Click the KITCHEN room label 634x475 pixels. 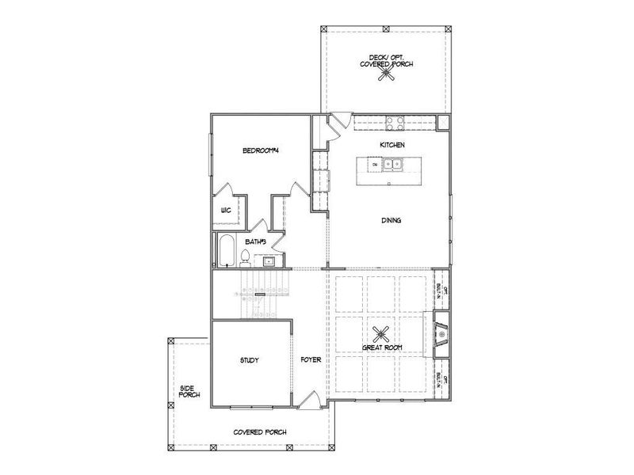(x=392, y=146)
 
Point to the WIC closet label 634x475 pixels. (x=226, y=211)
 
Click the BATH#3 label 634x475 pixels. (x=256, y=241)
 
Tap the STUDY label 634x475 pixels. (x=250, y=360)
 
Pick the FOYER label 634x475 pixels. (x=311, y=360)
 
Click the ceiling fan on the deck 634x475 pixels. (x=386, y=74)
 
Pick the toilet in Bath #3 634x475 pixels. (x=246, y=256)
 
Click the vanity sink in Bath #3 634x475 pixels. (x=269, y=260)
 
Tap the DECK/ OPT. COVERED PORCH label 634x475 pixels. (x=386, y=60)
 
